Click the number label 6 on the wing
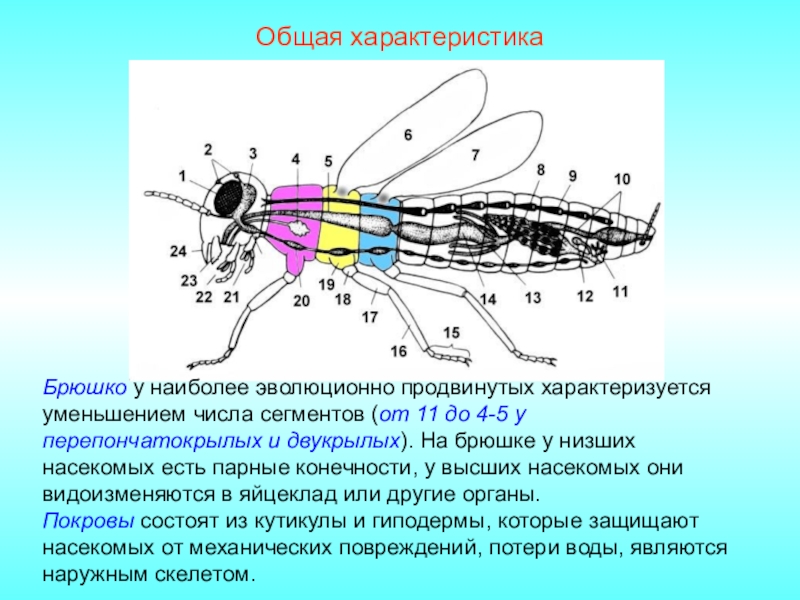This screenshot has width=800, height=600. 407,134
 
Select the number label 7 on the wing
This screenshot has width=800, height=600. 475,155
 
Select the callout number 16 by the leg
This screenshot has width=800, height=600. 399,352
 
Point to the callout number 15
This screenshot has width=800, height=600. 452,331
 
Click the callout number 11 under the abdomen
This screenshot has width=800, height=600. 620,292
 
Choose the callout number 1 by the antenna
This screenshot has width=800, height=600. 183,176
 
